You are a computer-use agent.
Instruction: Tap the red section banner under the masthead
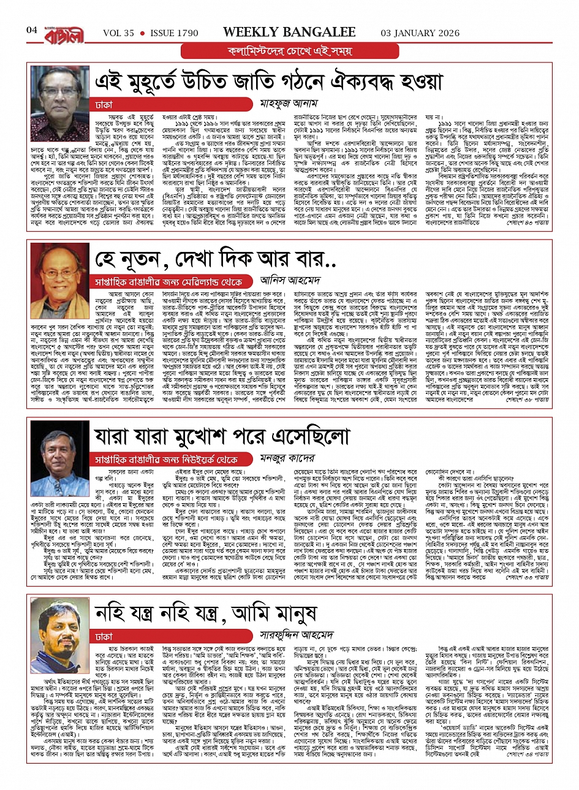[x=289, y=51]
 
